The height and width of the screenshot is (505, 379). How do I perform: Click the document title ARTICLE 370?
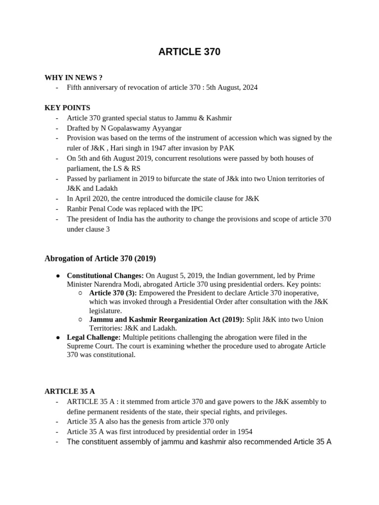(189, 52)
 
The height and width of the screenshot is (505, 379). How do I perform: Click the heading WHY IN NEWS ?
(74, 77)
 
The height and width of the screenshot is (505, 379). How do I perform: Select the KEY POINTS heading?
(67, 108)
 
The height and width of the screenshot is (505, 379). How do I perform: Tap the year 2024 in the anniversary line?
(249, 87)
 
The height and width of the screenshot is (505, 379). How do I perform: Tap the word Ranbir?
(78, 209)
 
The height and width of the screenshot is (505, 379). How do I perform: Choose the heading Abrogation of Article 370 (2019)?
(100, 258)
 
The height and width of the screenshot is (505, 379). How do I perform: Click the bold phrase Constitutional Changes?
(105, 275)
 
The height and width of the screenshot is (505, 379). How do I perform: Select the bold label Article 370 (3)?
(113, 293)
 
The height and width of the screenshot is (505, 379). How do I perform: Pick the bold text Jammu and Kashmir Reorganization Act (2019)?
(167, 320)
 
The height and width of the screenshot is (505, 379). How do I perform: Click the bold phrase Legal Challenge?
(94, 337)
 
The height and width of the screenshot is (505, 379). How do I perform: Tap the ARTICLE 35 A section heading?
(70, 391)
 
